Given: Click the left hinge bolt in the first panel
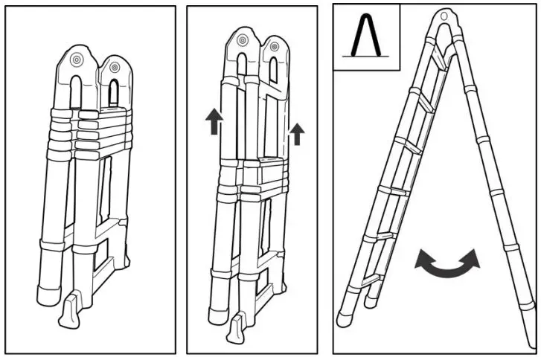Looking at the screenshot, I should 77,60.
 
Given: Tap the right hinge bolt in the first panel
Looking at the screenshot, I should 114,68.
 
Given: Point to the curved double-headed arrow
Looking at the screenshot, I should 447,261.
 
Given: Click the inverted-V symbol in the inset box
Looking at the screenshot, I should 367,36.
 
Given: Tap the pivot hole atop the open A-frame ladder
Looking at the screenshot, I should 445,15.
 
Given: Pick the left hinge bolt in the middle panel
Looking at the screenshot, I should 242,44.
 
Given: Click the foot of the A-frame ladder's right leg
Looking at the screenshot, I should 526,309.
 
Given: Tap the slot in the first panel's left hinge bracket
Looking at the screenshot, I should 78,89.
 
